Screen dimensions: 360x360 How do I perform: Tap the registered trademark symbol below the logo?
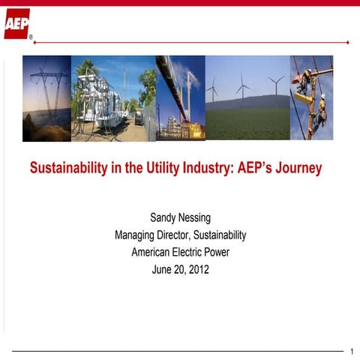click(31, 36)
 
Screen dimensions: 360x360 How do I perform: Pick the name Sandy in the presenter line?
click(163, 218)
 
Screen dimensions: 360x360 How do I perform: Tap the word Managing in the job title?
click(136, 235)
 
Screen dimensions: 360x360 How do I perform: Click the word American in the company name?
click(151, 253)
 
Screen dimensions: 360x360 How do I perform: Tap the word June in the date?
click(163, 270)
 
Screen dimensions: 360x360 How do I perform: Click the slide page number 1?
click(352, 351)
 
